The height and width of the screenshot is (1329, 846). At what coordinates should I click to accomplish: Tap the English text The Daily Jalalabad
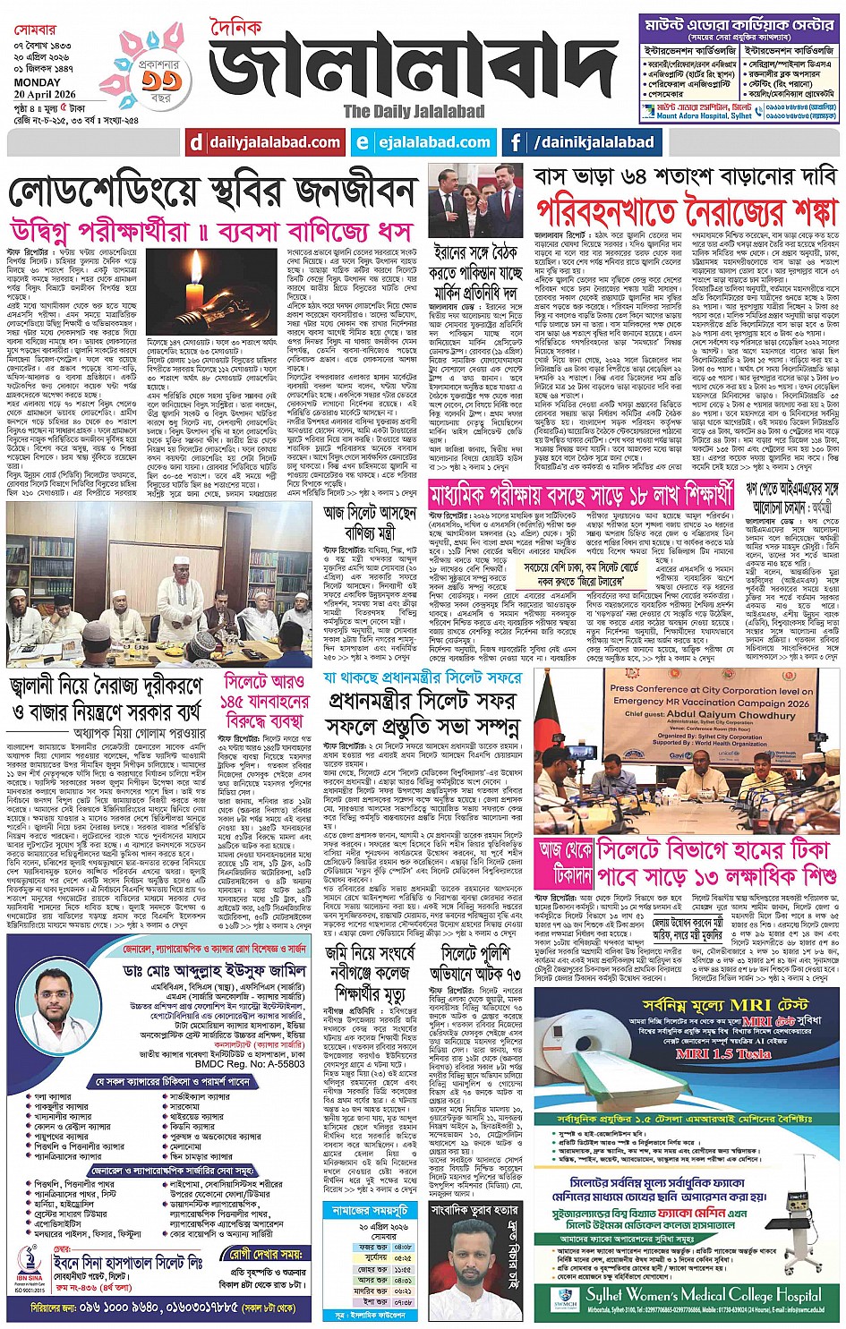tap(414, 112)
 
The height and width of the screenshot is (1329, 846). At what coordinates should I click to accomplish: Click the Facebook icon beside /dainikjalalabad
tap(516, 142)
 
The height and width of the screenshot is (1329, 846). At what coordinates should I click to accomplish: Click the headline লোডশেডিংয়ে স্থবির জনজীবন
tap(213, 192)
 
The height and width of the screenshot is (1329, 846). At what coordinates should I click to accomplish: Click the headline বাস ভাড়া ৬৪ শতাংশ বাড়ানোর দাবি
tap(687, 175)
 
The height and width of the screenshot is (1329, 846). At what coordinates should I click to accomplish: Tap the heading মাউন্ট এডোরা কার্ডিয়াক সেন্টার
tap(739, 25)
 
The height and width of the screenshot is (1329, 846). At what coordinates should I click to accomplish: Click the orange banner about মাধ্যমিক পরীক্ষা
tap(580, 493)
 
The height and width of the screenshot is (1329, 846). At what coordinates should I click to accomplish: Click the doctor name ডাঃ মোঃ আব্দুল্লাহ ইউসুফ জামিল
tap(215, 969)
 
